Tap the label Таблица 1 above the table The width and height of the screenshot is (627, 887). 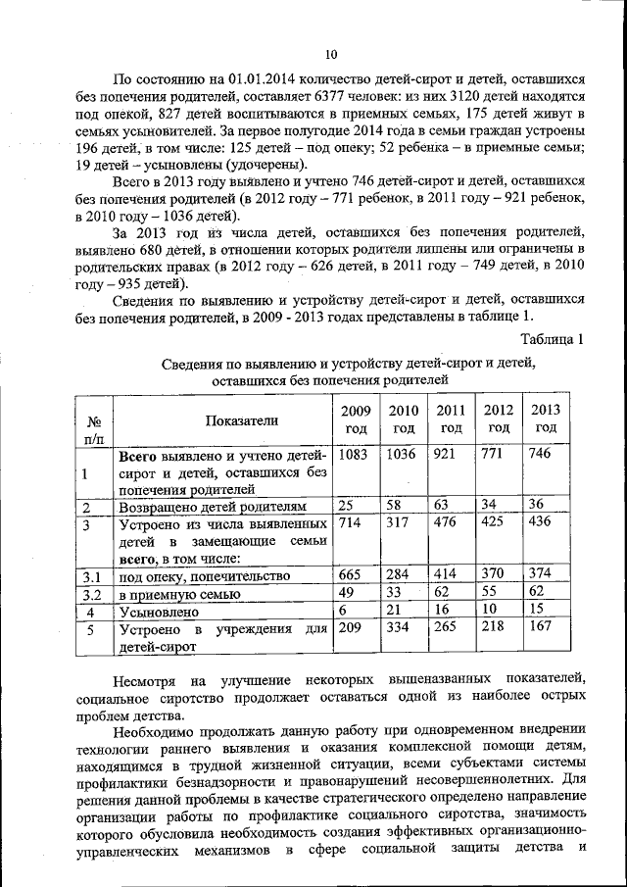553,340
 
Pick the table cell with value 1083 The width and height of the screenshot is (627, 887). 354,455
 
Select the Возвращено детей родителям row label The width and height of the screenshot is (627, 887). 213,507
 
